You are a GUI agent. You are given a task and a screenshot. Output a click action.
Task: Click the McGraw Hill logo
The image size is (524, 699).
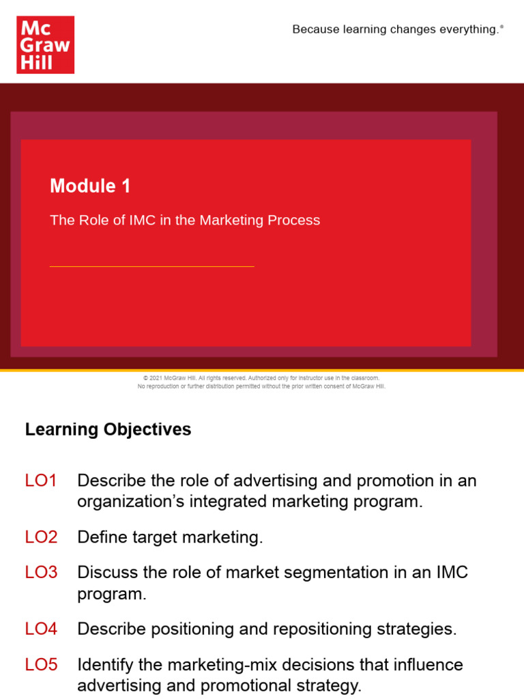click(45, 45)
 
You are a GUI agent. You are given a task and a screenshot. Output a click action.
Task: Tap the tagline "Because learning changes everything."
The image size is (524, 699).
click(396, 29)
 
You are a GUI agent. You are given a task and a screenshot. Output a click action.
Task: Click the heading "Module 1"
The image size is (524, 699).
click(90, 186)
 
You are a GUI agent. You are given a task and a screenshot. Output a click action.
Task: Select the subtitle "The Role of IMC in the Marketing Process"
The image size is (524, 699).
click(185, 220)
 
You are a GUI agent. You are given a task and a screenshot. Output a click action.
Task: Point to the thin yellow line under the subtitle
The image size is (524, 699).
click(151, 266)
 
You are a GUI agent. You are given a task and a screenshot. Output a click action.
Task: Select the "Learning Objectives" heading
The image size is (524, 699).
click(108, 429)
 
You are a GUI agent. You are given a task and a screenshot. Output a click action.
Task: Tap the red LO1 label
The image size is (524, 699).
click(41, 481)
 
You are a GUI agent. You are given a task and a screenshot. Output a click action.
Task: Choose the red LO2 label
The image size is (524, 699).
click(41, 537)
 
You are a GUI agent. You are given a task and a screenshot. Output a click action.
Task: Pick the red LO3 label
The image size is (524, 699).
click(41, 572)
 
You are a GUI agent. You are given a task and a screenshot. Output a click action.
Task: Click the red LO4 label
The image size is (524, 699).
click(41, 629)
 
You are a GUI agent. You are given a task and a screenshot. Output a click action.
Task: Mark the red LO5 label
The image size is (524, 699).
click(41, 664)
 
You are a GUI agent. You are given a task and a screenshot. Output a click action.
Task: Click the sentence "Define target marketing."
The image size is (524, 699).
click(170, 537)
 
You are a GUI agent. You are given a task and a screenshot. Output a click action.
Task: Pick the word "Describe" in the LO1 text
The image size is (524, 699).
click(111, 481)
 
